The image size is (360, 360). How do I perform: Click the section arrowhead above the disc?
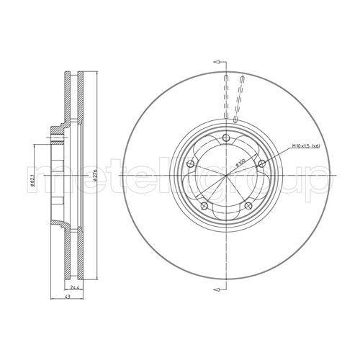tap(216, 63)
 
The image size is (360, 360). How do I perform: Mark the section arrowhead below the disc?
tap(216, 289)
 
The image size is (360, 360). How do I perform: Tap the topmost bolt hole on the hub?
tap(226, 139)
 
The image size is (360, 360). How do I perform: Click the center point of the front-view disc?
tap(226, 176)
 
